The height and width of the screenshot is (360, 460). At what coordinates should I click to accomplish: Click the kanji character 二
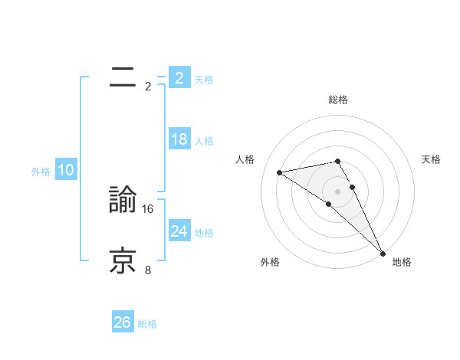click(123, 77)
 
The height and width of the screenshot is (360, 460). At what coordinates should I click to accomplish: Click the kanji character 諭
click(123, 201)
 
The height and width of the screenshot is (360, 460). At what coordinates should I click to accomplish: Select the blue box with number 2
click(179, 78)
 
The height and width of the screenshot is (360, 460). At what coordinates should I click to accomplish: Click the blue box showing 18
click(179, 139)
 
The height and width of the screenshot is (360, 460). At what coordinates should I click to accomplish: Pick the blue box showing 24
click(179, 231)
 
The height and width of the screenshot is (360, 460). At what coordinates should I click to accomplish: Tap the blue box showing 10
click(65, 170)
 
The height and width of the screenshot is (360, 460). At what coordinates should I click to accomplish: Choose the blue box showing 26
click(122, 322)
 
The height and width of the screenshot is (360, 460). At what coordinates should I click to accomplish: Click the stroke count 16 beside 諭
click(148, 208)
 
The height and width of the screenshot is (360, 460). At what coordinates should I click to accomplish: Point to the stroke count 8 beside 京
click(148, 270)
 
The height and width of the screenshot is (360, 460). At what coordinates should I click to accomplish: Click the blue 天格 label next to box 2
click(204, 80)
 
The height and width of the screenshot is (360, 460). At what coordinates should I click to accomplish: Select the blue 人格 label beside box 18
click(204, 141)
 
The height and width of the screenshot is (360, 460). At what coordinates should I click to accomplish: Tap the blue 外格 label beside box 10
click(41, 172)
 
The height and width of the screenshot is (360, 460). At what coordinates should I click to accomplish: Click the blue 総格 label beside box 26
click(147, 324)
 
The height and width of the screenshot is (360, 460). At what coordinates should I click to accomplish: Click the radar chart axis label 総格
click(338, 100)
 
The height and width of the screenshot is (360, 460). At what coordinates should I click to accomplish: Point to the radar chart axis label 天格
click(431, 159)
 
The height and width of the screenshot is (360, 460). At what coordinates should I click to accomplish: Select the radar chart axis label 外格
click(270, 263)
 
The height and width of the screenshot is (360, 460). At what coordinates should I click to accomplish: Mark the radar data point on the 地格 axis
click(383, 253)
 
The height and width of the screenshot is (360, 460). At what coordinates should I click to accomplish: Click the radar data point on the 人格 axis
click(280, 172)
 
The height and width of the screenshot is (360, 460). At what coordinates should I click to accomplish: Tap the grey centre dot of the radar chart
click(337, 191)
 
